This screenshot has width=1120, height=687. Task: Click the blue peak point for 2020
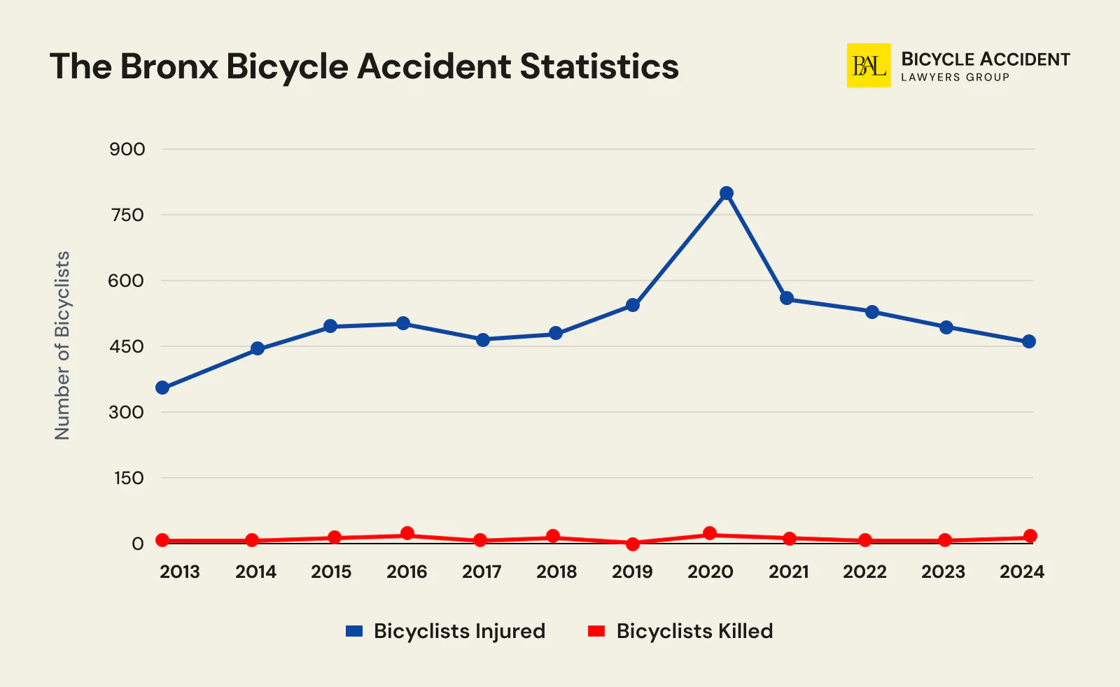[x=727, y=193]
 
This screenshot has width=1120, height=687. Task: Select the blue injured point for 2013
[x=162, y=388]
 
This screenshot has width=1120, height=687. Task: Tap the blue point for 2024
[x=1029, y=341]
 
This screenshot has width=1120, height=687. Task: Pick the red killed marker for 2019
[x=633, y=544]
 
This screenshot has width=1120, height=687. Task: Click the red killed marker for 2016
[x=407, y=534]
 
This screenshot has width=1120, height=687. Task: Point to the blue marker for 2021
[x=787, y=298]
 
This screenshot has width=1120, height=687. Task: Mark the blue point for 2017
[x=483, y=340]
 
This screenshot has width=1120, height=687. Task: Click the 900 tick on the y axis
[x=127, y=149]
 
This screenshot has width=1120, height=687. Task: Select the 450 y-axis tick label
[x=127, y=346]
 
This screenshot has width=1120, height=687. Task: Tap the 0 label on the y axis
[x=137, y=544]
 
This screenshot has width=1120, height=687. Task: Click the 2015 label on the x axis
[x=331, y=572]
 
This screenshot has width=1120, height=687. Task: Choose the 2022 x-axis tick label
[x=864, y=572]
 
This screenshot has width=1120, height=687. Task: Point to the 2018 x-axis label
[x=556, y=572]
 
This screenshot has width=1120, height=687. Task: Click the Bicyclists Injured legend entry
[x=459, y=631]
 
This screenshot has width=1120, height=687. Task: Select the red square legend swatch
[x=596, y=631]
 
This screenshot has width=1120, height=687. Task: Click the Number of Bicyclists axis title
[x=63, y=346]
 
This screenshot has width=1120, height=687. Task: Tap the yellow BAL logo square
[x=869, y=66]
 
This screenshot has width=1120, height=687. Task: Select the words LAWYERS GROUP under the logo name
[x=955, y=78]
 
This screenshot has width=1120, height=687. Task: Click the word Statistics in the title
[x=599, y=66]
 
